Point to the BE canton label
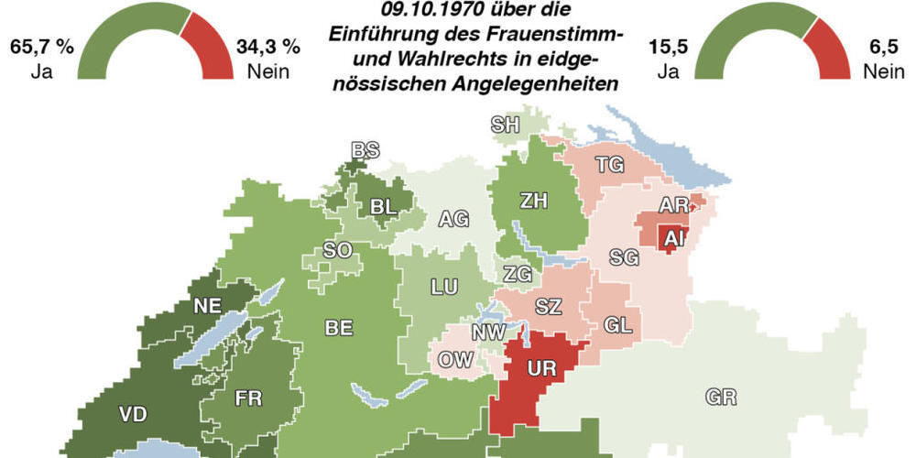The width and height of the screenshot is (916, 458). (339, 327)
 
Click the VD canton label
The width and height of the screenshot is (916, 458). (132, 413)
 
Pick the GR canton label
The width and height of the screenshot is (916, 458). (722, 397)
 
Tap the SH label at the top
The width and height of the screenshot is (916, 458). (506, 125)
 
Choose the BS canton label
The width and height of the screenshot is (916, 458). (365, 150)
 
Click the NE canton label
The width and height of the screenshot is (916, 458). (205, 306)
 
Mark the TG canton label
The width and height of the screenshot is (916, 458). (610, 165)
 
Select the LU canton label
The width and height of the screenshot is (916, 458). (444, 287)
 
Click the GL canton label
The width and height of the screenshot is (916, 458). (618, 325)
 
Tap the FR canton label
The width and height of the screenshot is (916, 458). (248, 398)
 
